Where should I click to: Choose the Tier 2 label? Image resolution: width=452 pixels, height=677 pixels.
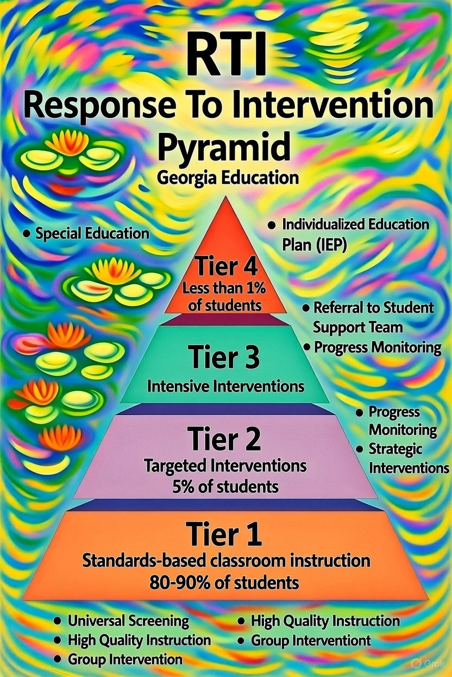coord(225,439)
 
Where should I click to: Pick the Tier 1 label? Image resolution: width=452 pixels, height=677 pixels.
coord(225,535)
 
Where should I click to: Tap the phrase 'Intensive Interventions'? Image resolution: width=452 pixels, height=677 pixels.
coord(225,387)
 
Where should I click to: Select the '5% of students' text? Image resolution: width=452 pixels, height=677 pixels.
coord(225,486)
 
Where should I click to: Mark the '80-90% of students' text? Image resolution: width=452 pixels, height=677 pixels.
coord(225,583)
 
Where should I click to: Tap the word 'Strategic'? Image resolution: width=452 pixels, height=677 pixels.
coord(395,449)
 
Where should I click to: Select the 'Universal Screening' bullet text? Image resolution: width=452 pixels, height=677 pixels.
coord(128,621)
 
